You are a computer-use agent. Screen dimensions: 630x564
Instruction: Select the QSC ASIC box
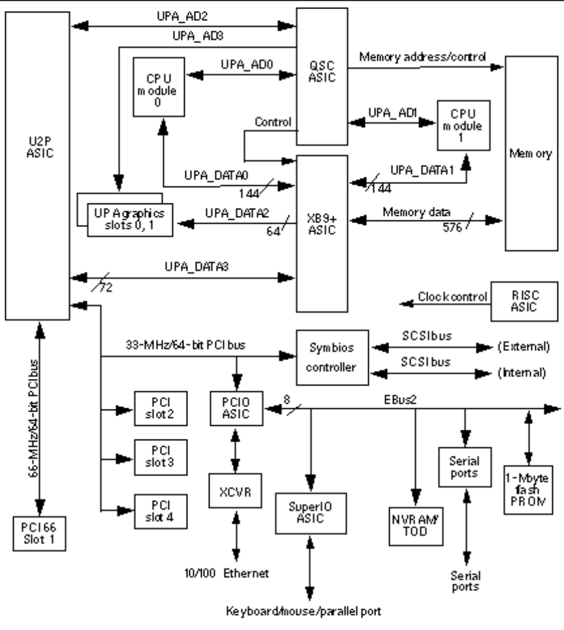coord(322,77)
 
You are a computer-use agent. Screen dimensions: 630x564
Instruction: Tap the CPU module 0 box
coord(159,87)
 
